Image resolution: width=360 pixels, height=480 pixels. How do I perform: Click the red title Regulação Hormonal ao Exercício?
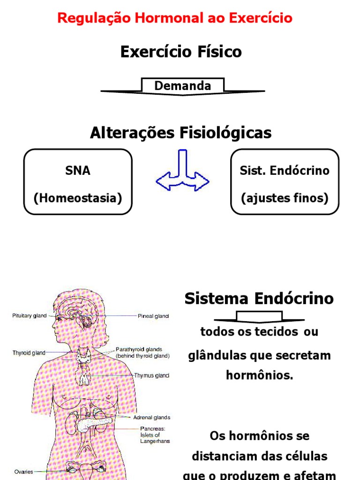pos(174,18)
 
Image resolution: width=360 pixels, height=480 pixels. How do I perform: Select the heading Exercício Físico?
pos(181,52)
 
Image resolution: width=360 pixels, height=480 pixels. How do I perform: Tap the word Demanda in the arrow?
pos(182,86)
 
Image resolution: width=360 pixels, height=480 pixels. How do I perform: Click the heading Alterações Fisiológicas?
pos(180,133)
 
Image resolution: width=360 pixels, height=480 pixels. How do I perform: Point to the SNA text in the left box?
pos(78,171)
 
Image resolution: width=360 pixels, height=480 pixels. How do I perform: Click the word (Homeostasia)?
pos(78,198)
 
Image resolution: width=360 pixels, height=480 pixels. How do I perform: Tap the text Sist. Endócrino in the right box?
pos(285,171)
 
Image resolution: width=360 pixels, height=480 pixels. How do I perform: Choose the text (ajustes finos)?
pos(285,198)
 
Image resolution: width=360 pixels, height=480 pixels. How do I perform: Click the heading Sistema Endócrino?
pos(259,299)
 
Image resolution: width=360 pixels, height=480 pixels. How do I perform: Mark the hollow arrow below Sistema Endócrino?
pos(259,317)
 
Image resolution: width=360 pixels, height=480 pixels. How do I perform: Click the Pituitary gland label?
pos(30,316)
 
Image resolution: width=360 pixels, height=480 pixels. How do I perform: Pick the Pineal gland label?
pos(153,316)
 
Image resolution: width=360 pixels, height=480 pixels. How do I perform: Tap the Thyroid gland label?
pos(29,353)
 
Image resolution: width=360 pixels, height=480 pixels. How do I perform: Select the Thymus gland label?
pos(151,375)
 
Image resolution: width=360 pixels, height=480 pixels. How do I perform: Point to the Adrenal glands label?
pos(151,417)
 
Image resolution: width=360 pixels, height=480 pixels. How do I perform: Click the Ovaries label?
pos(23,472)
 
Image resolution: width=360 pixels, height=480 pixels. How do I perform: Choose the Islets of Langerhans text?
pos(155,438)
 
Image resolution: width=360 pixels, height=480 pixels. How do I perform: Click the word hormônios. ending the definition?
pos(259,375)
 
